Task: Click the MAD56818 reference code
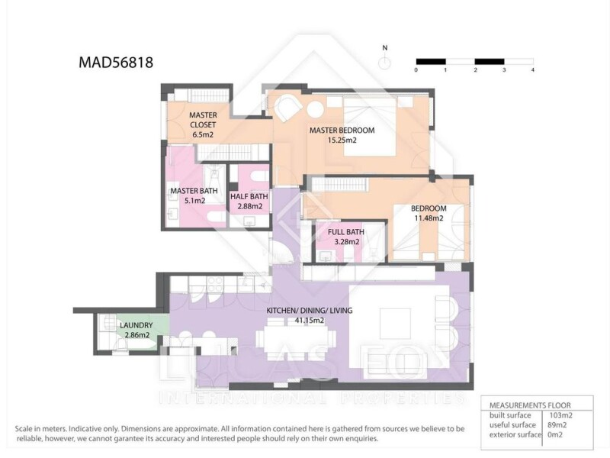coord(116,63)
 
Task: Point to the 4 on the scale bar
coord(532,70)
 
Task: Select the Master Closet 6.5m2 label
coord(203,125)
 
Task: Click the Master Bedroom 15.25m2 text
coord(342,135)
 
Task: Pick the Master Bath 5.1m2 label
coord(194,195)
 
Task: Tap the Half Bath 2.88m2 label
coord(249,202)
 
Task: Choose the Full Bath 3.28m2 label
coord(346,237)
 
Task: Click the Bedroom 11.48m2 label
coord(429,213)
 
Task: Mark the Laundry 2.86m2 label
coord(136,330)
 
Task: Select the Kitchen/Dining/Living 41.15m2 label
coord(310,315)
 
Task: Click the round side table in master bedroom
coord(315,109)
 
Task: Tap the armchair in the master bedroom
coord(288,108)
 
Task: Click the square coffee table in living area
coord(395,324)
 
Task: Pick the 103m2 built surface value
coord(560,415)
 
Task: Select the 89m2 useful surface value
coord(557,425)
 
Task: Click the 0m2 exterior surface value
coord(555,434)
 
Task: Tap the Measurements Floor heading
coord(530,405)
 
